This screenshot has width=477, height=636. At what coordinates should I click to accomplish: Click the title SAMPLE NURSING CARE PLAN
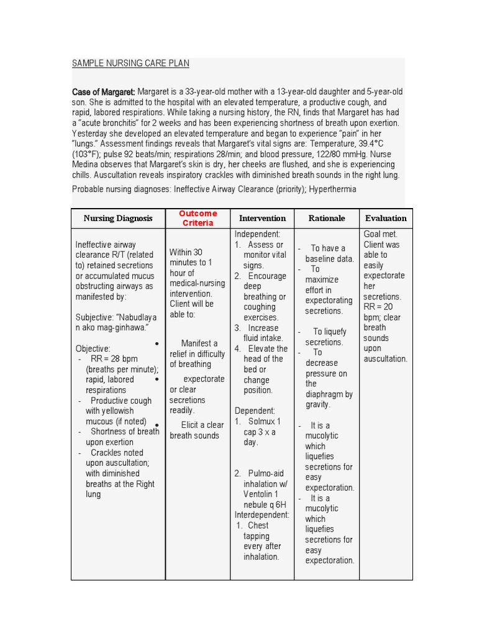[x=130, y=63]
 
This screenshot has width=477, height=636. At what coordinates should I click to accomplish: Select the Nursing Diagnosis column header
[x=118, y=219]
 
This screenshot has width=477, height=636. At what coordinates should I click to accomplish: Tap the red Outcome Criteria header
[x=198, y=218]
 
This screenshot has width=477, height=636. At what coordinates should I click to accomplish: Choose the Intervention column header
[x=262, y=219]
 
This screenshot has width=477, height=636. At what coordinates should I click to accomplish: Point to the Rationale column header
[x=327, y=219]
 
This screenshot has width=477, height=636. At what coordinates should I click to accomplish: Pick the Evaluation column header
[x=386, y=219]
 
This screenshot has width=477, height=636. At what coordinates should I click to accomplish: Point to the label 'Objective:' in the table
[x=93, y=348]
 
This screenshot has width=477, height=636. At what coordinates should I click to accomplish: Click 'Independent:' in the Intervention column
[x=258, y=234]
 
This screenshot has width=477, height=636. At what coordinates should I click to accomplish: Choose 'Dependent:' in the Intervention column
[x=255, y=411]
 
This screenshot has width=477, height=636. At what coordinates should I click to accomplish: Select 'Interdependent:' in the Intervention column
[x=261, y=515]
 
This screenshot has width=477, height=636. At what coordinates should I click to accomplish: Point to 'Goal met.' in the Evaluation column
[x=380, y=234]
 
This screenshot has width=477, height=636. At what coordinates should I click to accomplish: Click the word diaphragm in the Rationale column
[x=329, y=394]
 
